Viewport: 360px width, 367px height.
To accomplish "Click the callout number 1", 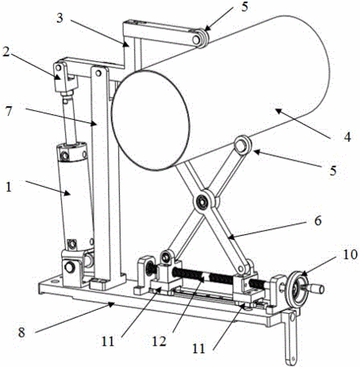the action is pos(9,187).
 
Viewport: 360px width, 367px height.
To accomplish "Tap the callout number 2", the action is pos(7,51).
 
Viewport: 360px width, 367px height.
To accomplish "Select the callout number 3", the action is pos(59,18).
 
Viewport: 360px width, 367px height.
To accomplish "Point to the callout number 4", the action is pos(347,137).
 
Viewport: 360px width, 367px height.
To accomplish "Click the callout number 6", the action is pos(318,220).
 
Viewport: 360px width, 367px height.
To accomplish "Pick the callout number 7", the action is pos(9,111).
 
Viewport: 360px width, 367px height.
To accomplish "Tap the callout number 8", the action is pos(22,332).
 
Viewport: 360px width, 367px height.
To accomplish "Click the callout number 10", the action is pos(350,254).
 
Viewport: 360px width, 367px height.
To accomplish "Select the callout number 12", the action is pos(159,341).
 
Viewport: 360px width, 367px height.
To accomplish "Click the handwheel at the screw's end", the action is pos(298,289).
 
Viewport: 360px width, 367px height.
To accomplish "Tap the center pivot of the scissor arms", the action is pos(202,201).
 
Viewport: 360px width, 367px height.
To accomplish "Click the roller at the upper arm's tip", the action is pos(200,38).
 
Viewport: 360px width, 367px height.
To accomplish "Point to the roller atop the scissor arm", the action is pos(243,145).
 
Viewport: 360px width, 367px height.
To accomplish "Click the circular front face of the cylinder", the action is pos(150,120).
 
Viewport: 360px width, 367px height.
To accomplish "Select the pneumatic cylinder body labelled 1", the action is pos(75,195).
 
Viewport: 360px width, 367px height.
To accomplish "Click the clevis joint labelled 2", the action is pos(64,77).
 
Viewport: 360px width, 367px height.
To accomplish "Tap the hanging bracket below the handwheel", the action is pos(291,337).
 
